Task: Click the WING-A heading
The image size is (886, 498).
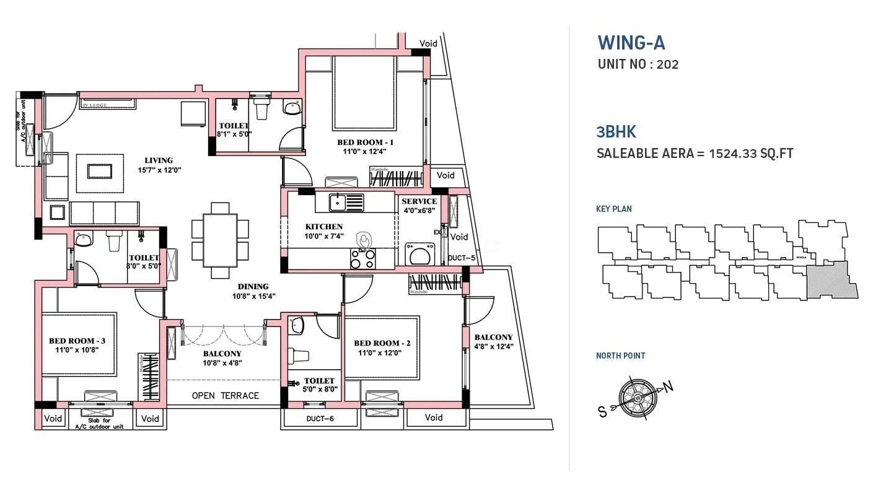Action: [x=631, y=43]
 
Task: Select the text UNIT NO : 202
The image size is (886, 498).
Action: [x=638, y=64]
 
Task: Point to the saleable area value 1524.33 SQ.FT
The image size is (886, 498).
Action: [x=752, y=154]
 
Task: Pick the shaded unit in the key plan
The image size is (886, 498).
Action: [x=831, y=281]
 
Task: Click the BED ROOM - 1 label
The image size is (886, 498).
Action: [x=364, y=142]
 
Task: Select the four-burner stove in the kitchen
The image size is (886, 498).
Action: [x=363, y=258]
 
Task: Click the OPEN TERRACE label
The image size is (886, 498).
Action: [x=225, y=396]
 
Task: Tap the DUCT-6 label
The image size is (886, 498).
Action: [x=320, y=419]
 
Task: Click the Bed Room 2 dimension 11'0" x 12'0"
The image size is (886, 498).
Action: [x=382, y=353]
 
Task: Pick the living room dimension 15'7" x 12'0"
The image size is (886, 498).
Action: [x=159, y=170]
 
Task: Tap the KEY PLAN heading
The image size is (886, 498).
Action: [x=613, y=209]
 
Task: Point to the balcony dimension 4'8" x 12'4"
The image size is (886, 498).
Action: [x=493, y=347]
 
